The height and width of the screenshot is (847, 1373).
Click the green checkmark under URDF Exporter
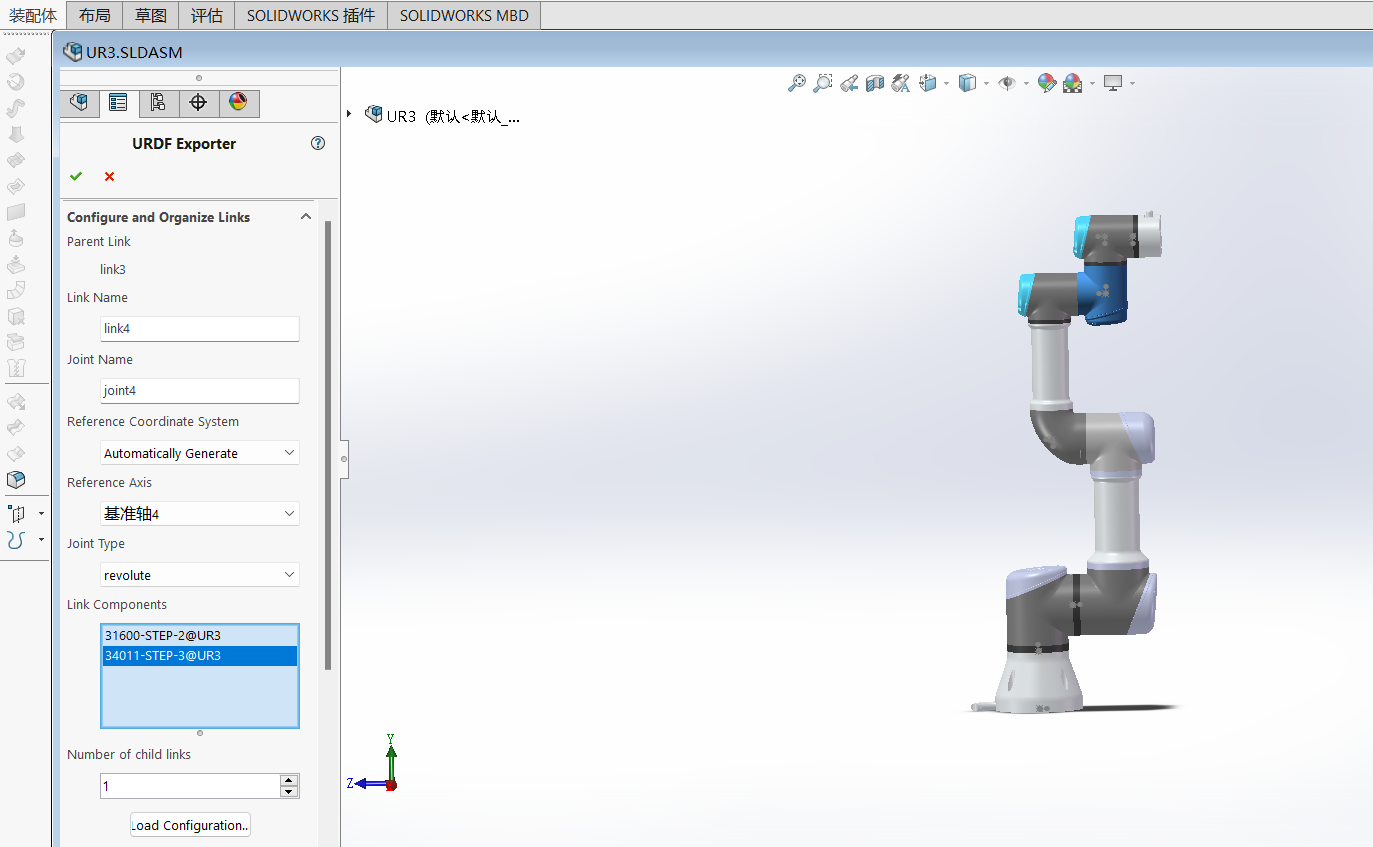point(76,177)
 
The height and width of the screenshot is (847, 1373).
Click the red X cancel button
point(109,177)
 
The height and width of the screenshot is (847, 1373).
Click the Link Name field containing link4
point(200,329)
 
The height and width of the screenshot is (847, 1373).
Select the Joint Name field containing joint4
point(200,391)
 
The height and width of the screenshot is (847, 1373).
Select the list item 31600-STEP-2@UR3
point(163,635)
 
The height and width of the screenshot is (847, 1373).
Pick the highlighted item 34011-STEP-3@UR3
point(163,656)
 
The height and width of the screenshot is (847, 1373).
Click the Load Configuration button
point(190,825)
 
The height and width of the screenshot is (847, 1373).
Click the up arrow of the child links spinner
point(289,780)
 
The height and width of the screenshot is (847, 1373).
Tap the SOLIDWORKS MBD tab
point(464,15)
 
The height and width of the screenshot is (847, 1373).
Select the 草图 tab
point(152,15)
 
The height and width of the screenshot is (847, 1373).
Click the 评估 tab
point(207,15)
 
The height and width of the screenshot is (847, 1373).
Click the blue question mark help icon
point(318,143)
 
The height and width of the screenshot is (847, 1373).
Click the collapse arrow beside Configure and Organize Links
point(306,217)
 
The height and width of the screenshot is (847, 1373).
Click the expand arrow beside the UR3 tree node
point(349,114)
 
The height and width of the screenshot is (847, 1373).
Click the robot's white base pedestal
point(1040,685)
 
